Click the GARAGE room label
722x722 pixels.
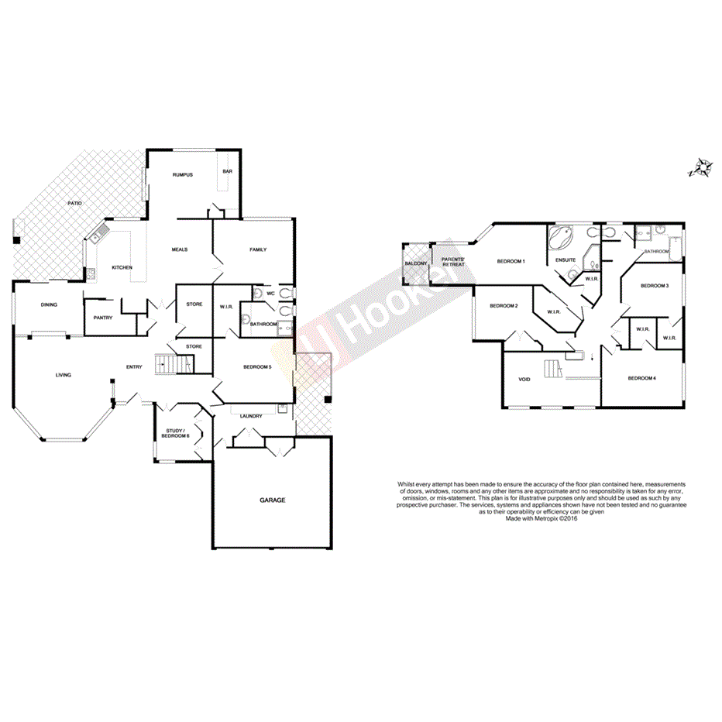pyautogui.click(x=272, y=500)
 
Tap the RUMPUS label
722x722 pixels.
pyautogui.click(x=183, y=175)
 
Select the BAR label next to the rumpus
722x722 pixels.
pyautogui.click(x=227, y=171)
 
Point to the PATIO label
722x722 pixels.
pyautogui.click(x=74, y=203)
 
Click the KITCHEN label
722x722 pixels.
pyautogui.click(x=122, y=267)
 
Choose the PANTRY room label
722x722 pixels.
pyautogui.click(x=103, y=318)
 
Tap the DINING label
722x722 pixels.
pyautogui.click(x=49, y=304)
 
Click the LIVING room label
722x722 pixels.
pyautogui.click(x=64, y=375)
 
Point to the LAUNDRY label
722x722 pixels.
pyautogui.click(x=250, y=417)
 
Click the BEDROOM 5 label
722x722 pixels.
pyautogui.click(x=257, y=366)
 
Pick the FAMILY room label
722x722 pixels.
pyautogui.click(x=258, y=249)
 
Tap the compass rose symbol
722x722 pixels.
pyautogui.click(x=702, y=167)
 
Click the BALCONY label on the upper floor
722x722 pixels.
pyautogui.click(x=416, y=263)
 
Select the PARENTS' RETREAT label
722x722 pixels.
pyautogui.click(x=453, y=262)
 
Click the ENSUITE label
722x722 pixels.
pyautogui.click(x=565, y=260)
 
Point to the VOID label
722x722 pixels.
pyautogui.click(x=524, y=380)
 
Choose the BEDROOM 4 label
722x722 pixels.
pyautogui.click(x=641, y=378)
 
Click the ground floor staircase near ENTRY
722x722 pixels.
pyautogui.click(x=174, y=363)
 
